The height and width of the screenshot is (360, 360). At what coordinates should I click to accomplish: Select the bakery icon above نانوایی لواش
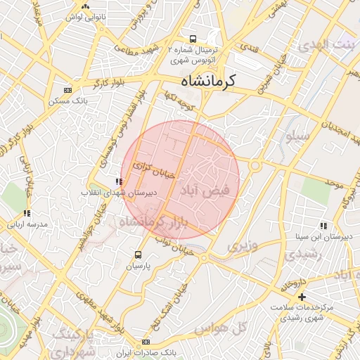(85, 5)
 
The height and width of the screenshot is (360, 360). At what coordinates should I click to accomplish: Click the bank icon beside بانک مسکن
(67, 90)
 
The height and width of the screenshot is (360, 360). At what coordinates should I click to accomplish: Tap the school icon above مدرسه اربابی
(27, 213)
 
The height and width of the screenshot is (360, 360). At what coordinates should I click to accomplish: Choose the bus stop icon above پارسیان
(138, 255)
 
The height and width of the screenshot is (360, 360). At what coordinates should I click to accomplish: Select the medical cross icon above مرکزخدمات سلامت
(302, 297)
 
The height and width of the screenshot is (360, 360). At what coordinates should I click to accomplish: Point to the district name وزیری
(242, 246)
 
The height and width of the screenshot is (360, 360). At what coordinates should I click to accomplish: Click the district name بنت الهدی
(327, 46)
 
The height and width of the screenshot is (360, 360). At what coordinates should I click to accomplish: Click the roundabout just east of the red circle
(254, 167)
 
